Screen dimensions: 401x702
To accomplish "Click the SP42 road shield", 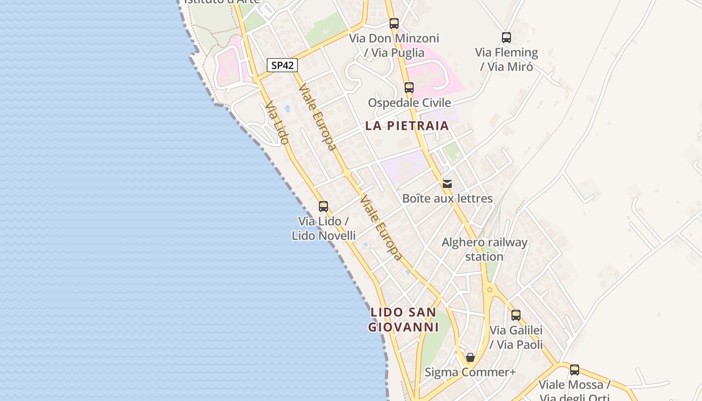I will coord(282,65).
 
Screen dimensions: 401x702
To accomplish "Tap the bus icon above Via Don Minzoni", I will coord(394,24).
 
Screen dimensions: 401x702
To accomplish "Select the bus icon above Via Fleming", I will coord(506,38).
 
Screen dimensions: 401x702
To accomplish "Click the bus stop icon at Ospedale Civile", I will coord(409,88).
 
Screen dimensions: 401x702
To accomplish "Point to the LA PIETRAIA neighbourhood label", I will coord(407,126).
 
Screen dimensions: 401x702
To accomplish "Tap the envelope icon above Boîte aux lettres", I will coord(447,184).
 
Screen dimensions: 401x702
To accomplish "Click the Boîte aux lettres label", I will coord(447,198).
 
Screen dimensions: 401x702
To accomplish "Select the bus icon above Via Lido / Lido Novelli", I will coord(323,206).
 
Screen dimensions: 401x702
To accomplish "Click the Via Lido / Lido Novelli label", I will coord(324,229).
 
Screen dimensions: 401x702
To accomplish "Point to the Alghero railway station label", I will coord(484,250).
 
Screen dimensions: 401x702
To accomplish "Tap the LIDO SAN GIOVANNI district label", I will coord(404,320).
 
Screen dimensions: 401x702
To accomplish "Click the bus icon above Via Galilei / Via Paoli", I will coord(516,315).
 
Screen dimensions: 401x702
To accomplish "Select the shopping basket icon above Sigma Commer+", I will coord(470,357).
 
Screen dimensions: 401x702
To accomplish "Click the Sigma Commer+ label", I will coord(470,372).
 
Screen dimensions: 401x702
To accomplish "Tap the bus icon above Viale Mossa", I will coord(575,370).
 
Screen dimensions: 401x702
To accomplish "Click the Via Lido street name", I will coord(277,123).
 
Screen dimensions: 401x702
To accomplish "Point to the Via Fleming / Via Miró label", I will coord(506,59).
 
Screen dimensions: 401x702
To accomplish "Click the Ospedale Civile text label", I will coord(409,103).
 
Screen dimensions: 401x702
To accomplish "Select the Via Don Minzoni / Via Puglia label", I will coord(394,45).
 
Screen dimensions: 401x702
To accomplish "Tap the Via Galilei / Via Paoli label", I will coord(516,337).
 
